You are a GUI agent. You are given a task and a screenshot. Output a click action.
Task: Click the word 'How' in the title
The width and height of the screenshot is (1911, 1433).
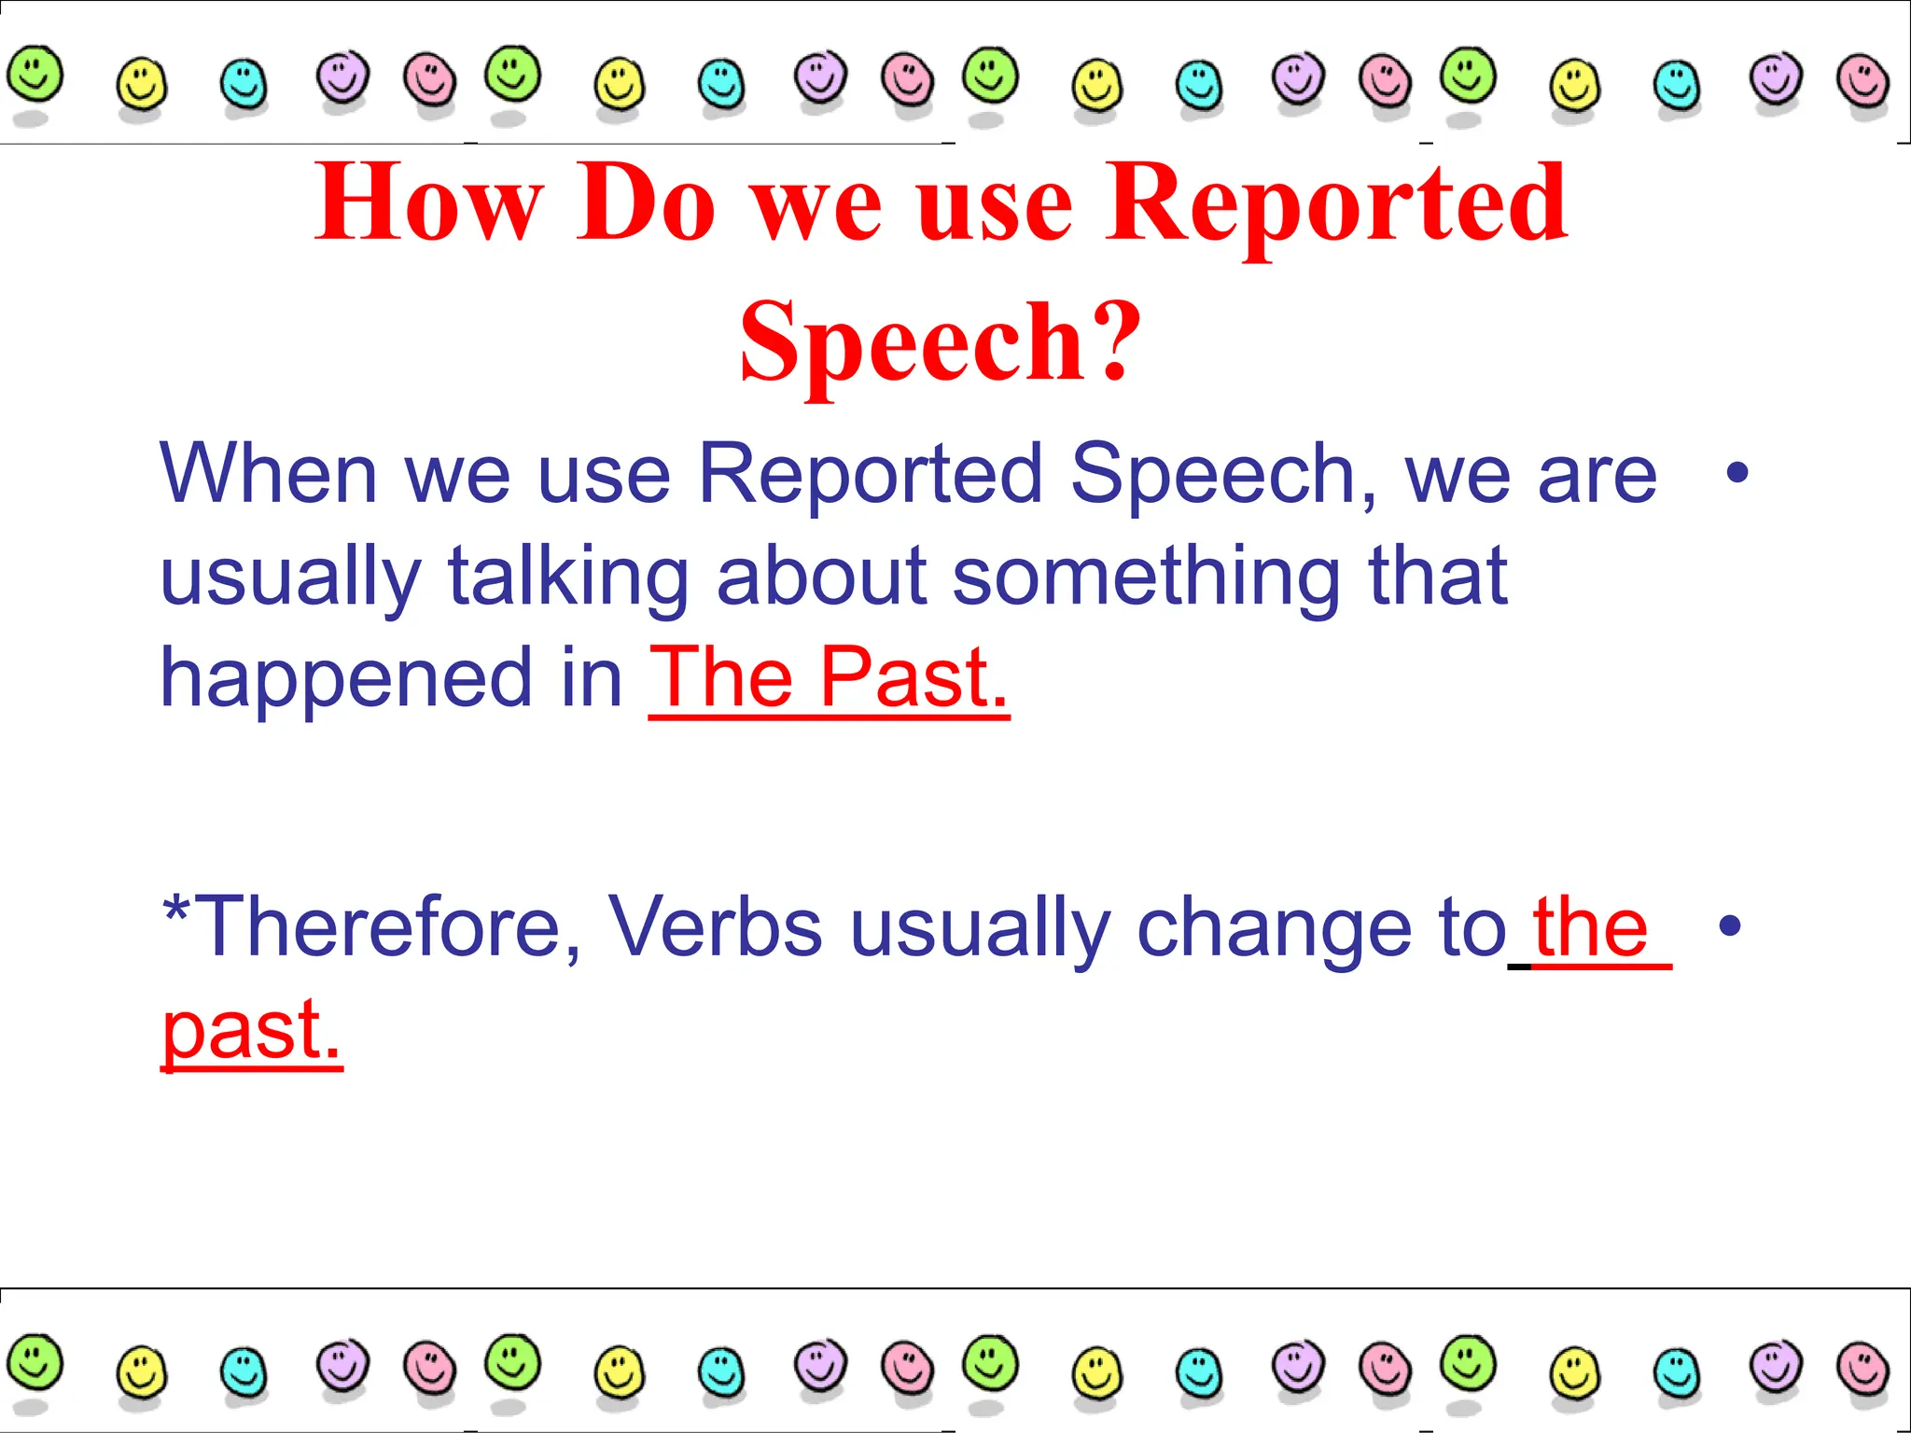[x=428, y=202]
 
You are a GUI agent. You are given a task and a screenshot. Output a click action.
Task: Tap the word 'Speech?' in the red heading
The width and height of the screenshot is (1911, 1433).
[x=941, y=342]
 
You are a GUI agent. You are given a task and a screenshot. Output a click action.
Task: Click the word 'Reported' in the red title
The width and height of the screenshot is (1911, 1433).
[x=1336, y=202]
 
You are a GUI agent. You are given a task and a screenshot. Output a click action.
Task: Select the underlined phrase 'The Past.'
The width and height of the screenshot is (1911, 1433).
[x=829, y=678]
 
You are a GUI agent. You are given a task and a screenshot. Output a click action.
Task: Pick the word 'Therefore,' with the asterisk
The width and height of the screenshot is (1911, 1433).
[x=373, y=926]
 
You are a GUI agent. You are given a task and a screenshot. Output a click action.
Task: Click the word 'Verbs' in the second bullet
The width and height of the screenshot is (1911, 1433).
[x=715, y=926]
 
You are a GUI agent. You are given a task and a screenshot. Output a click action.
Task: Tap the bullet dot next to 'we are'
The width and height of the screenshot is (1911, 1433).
[x=1737, y=473]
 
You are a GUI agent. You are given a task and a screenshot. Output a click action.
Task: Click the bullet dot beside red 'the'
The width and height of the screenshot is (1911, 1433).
[x=1730, y=925]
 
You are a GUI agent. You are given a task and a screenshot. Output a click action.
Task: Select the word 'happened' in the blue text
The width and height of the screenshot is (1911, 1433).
[x=346, y=678]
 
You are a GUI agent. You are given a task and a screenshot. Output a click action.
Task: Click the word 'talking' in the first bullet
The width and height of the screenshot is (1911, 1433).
[x=568, y=576]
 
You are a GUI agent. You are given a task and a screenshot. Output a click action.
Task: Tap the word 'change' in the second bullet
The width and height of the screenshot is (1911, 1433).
[x=1275, y=926]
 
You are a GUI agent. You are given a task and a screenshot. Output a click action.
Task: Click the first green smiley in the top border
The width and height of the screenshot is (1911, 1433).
[x=35, y=74]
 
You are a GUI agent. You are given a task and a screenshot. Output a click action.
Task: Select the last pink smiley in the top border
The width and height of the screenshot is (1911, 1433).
[x=1862, y=81]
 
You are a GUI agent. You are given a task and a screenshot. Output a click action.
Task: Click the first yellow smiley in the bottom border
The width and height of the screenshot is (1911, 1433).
[x=142, y=1371]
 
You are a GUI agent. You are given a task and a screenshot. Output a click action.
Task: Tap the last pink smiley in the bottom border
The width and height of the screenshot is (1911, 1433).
[x=1862, y=1369]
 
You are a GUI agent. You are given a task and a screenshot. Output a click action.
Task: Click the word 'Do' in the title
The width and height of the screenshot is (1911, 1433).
[x=646, y=202]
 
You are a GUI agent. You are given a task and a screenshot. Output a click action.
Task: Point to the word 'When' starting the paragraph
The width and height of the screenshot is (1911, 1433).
[x=269, y=474]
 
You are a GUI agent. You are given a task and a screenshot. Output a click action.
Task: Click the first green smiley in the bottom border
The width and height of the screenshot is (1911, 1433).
[x=35, y=1362]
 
